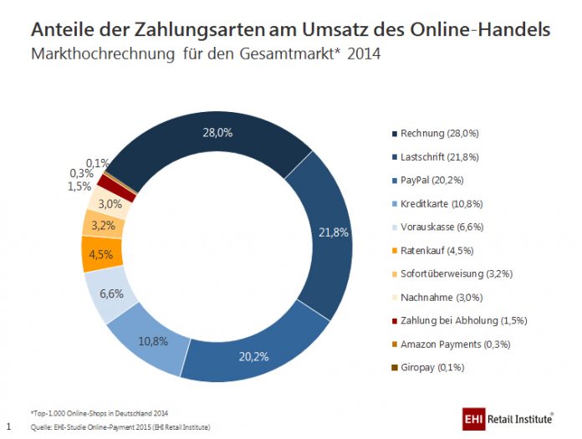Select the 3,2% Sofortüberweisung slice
point(104,225)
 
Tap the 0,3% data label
point(80,173)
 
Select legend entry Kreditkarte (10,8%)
point(442,203)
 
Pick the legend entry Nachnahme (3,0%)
point(441,297)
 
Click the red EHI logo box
point(474,416)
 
